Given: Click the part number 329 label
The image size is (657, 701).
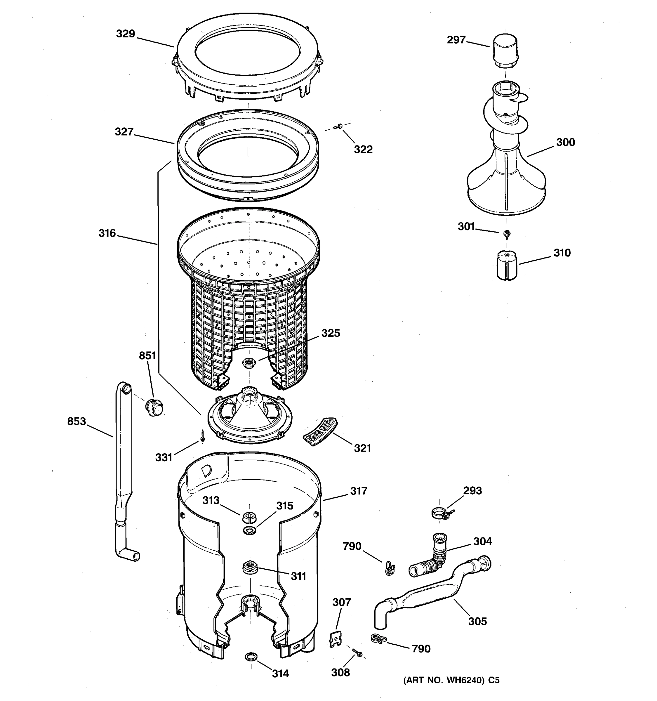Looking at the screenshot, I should click(x=126, y=34).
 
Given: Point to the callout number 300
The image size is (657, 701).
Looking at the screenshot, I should click(x=565, y=142).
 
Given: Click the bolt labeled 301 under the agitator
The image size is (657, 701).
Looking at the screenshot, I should click(x=507, y=233).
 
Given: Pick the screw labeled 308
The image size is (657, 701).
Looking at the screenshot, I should click(x=357, y=653).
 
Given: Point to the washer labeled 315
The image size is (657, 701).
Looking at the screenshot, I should click(x=250, y=530).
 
